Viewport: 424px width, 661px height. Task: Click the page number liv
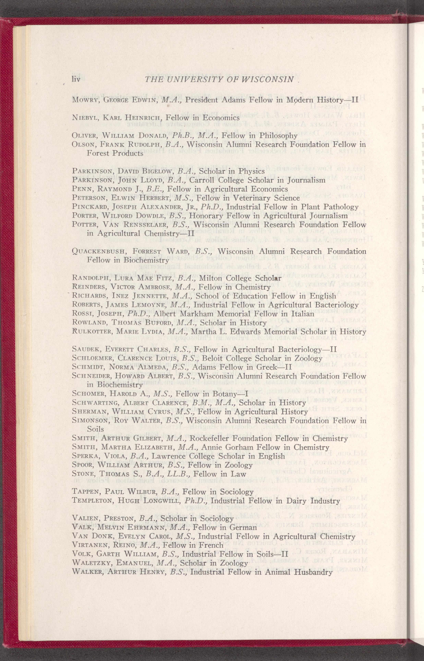[76, 79]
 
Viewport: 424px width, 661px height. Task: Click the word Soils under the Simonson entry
[95, 429]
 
